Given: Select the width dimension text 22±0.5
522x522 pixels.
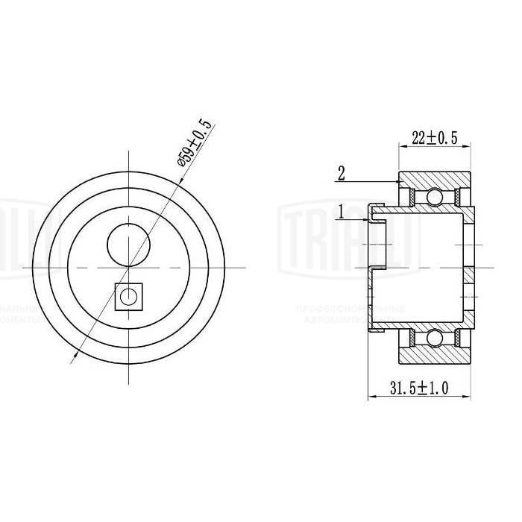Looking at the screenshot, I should [434, 136].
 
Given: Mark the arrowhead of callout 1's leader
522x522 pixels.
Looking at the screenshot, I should [371, 221].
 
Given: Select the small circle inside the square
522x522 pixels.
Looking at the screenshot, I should [130, 296].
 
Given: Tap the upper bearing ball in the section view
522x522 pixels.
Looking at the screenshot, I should [433, 198].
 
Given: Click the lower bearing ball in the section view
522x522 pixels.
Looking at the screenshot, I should [433, 339].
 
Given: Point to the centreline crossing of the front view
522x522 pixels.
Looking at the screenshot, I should [129, 266].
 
